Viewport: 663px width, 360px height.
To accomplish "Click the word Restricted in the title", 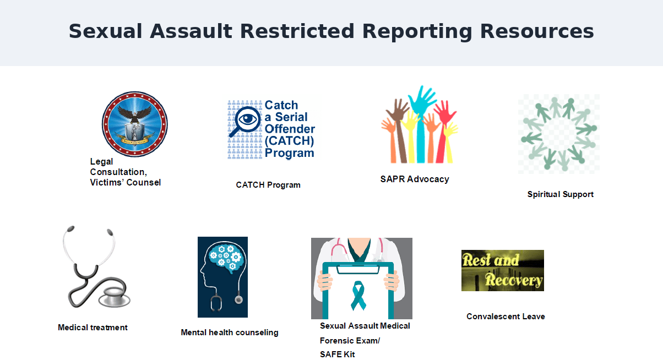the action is click(297, 31).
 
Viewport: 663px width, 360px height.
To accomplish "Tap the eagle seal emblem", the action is click(135, 124).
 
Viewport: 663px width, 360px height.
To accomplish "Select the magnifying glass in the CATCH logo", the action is click(246, 121).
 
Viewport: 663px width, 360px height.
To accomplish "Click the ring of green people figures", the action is click(559, 134).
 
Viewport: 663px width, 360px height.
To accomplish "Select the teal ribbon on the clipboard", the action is click(358, 295).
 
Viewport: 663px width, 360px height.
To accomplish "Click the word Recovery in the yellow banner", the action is click(514, 280).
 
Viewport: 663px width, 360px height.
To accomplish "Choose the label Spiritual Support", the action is click(560, 194).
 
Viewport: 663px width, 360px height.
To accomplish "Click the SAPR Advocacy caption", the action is click(415, 179).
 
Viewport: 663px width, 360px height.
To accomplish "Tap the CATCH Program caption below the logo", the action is click(268, 185).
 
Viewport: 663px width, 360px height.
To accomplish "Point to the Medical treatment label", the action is click(93, 328).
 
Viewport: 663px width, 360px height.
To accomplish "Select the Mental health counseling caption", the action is click(230, 332).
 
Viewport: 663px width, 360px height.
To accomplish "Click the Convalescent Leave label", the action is click(506, 317).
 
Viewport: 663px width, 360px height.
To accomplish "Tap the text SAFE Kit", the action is click(338, 354).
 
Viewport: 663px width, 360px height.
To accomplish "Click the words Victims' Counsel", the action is click(126, 183).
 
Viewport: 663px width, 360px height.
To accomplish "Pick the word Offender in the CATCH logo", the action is click(290, 129).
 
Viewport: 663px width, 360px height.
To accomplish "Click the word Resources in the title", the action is click(537, 31).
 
